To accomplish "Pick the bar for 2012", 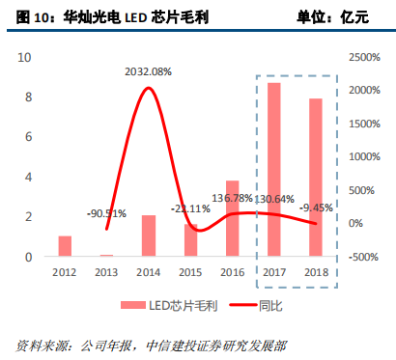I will [65, 246].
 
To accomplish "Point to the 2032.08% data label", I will [148, 71].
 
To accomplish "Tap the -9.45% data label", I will [317, 207].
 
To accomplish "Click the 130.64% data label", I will [275, 199].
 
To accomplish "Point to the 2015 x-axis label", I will [190, 272].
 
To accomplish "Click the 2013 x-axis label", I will [106, 272].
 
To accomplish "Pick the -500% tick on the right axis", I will [359, 257].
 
